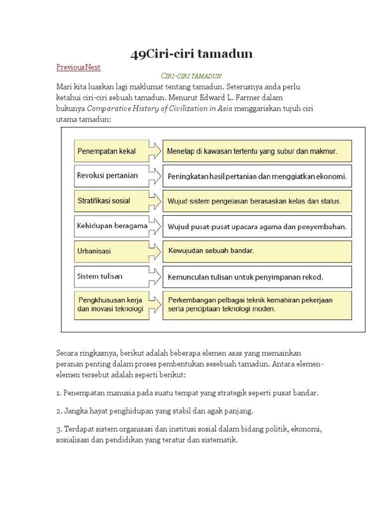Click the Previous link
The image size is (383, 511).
pyautogui.click(x=70, y=67)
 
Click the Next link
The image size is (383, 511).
pyautogui.click(x=93, y=67)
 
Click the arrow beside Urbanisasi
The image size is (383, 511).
pyautogui.click(x=155, y=251)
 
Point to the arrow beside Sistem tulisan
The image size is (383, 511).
pyautogui.click(x=155, y=276)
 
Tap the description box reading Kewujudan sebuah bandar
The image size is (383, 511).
pyautogui.click(x=257, y=251)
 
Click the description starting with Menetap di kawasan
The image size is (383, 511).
pyautogui.click(x=257, y=151)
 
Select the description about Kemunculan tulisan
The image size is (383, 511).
pyautogui.click(x=257, y=276)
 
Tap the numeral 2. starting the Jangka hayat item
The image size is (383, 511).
pyautogui.click(x=59, y=411)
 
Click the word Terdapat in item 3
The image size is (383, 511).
pyautogui.click(x=79, y=430)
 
